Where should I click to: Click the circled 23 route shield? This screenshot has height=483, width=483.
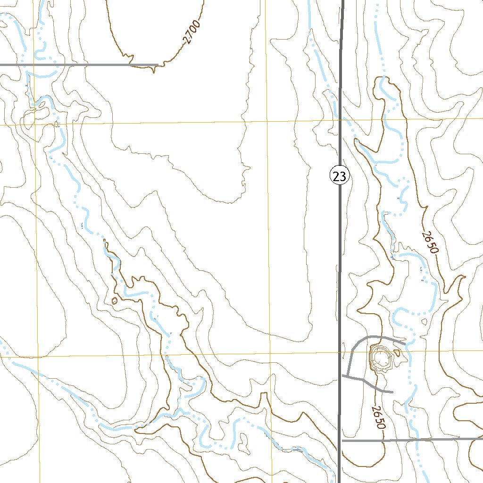[x=339, y=176]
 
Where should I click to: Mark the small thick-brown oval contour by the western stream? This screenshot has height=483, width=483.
[x=114, y=300]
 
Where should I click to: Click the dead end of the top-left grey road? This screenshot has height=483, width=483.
[x=157, y=65]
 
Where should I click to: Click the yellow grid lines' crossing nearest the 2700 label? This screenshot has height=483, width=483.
[x=267, y=122]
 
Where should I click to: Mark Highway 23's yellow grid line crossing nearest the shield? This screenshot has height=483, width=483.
[x=341, y=120]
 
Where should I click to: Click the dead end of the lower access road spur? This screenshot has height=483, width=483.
[x=392, y=391]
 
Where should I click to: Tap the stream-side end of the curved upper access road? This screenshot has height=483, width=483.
[x=405, y=343]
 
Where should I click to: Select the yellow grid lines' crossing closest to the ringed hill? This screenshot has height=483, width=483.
[x=341, y=352]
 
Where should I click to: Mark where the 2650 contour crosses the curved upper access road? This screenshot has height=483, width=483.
[x=381, y=337]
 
